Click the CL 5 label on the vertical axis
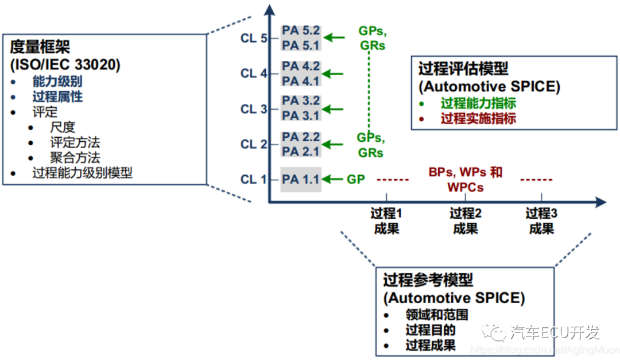[x=253, y=38]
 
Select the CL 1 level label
[x=253, y=180]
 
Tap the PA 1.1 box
[x=301, y=180]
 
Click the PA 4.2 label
[x=301, y=66]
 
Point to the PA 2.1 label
[x=301, y=151]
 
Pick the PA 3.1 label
[x=301, y=116]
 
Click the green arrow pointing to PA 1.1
[x=334, y=180]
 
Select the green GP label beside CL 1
[x=355, y=180]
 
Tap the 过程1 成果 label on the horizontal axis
[x=386, y=221]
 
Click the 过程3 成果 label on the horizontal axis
[x=541, y=221]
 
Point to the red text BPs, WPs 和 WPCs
[x=465, y=180]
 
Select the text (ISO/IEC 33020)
[x=65, y=65]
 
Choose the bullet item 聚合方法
[x=75, y=157]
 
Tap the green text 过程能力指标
[x=478, y=103]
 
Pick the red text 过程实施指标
[x=478, y=119]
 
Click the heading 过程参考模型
[x=428, y=280]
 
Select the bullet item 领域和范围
[x=436, y=315]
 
